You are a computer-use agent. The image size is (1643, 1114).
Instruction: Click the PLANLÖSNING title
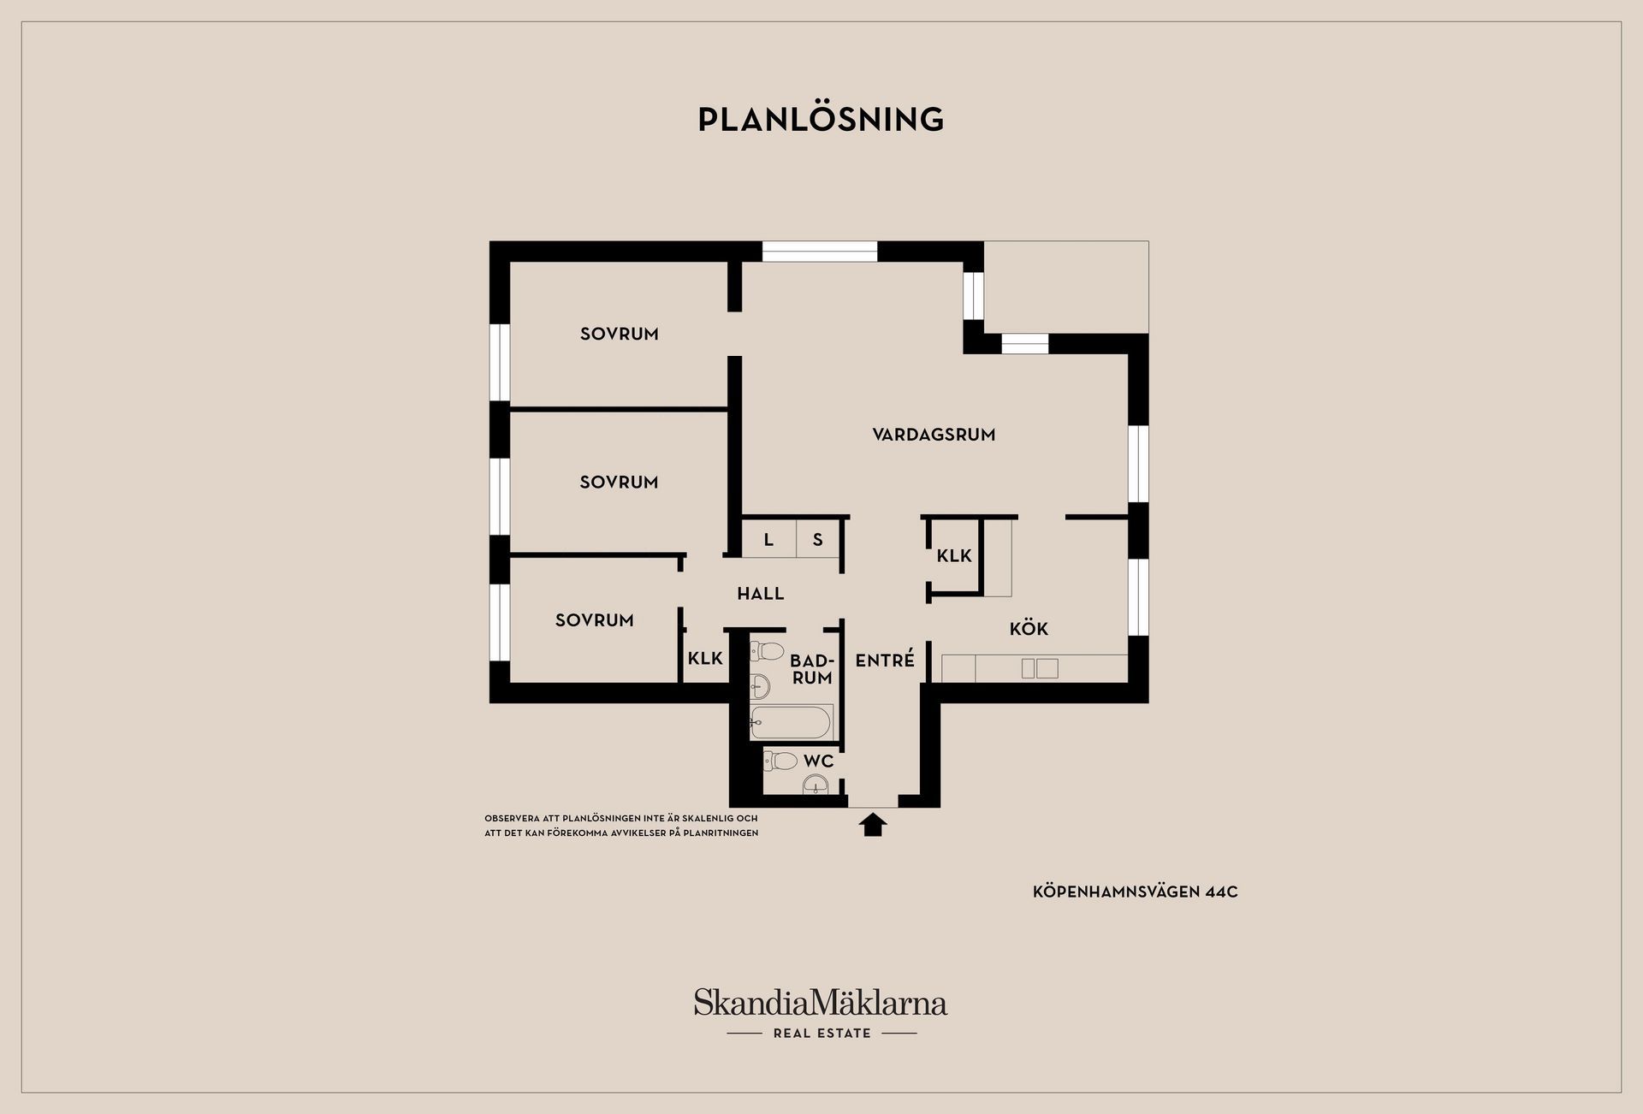[821, 119]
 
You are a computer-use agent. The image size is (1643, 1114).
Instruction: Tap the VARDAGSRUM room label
[934, 435]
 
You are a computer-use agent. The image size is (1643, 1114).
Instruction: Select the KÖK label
[1029, 629]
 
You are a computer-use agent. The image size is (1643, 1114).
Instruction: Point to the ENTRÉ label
[885, 660]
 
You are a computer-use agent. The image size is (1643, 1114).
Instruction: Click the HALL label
[761, 593]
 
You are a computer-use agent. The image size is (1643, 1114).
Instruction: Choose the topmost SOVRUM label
[620, 334]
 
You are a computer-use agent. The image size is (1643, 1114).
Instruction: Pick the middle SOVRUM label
[620, 483]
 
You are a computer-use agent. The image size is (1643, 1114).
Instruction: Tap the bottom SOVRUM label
[595, 620]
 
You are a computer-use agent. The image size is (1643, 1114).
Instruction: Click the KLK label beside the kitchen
[954, 556]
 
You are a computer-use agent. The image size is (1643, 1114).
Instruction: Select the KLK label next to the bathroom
[706, 658]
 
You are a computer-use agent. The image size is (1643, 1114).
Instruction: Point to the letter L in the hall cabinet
[768, 540]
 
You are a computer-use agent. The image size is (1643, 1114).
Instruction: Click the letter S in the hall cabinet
[818, 540]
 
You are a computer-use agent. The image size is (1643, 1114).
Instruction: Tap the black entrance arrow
[873, 825]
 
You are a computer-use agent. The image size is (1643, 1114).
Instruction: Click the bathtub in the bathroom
[792, 723]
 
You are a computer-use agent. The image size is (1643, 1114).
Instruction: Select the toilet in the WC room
[780, 760]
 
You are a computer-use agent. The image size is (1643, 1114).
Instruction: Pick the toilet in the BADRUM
[767, 651]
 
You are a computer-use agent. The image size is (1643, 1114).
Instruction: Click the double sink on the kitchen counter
[1040, 668]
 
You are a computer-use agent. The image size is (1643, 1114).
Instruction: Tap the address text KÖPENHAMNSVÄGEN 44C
[1136, 892]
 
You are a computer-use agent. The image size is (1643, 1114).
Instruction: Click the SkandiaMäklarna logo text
[821, 1002]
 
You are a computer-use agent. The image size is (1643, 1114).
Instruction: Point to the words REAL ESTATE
[822, 1034]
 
